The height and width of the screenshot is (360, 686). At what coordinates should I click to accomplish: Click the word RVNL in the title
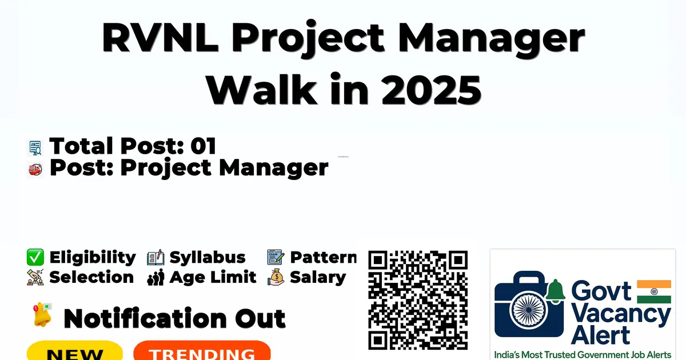point(160,37)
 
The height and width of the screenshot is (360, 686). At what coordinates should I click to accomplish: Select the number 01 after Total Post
point(204,146)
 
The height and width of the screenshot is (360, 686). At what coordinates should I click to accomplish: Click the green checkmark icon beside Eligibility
point(35,257)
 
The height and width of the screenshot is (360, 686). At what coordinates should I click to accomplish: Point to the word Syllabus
point(208,257)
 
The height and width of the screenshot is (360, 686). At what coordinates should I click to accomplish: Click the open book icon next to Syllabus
point(155,258)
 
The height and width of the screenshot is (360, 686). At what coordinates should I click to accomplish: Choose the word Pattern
point(324,257)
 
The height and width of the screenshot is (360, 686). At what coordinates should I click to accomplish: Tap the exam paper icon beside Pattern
point(276,257)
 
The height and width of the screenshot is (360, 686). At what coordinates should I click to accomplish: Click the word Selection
point(91,277)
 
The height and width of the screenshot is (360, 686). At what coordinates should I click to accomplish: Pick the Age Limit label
point(213,277)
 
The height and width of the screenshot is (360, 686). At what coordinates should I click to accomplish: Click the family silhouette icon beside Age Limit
point(155,277)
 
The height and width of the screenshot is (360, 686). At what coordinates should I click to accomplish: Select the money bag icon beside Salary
point(276,277)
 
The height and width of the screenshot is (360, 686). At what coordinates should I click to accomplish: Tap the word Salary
point(318,278)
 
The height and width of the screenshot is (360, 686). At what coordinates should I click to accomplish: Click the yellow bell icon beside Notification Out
point(42,315)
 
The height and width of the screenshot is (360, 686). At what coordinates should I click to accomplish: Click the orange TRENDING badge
point(202,351)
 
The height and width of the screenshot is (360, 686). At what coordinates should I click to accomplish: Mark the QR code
point(418,300)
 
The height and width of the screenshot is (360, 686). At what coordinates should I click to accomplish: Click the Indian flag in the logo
point(654,291)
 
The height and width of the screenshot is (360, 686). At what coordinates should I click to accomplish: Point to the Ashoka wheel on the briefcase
point(529,310)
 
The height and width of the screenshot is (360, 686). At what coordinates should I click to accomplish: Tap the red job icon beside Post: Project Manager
point(35,170)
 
